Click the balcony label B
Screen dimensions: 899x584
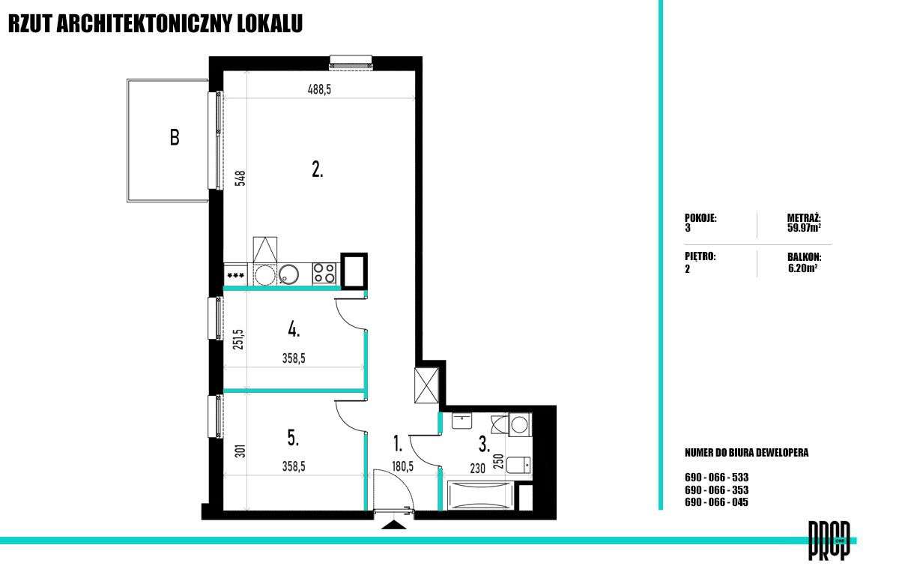[175, 137]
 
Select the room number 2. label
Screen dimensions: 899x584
[318, 169]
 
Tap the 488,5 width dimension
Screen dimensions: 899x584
[319, 89]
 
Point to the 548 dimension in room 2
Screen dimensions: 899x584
[240, 178]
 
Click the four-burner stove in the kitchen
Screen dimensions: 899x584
[324, 273]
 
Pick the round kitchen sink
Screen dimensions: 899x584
[288, 274]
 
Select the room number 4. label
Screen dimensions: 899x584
[294, 330]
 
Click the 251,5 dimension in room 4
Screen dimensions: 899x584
[238, 340]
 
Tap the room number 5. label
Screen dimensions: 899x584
[294, 438]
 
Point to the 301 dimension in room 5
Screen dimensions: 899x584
[240, 451]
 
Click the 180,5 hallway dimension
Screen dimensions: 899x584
[402, 467]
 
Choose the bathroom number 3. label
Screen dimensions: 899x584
[484, 445]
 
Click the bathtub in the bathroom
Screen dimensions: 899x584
[481, 496]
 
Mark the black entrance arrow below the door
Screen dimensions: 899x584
[394, 525]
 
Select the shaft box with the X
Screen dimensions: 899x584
[426, 385]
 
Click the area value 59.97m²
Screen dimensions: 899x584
[804, 228]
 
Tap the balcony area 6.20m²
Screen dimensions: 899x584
[802, 268]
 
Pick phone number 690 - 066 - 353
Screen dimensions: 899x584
[716, 490]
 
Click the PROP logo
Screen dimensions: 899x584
[829, 541]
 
